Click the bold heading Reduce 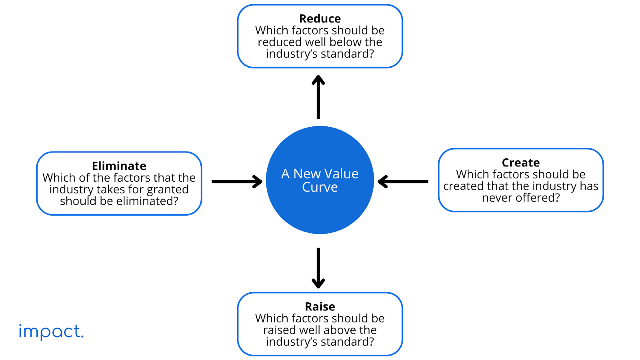(320, 18)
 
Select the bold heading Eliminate (119, 166)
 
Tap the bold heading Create (520, 162)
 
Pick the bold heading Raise (320, 306)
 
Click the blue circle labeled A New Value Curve (320, 180)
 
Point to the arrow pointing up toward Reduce (318, 97)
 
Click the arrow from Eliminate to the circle (237, 182)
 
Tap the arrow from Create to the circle (403, 182)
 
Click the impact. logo (51, 332)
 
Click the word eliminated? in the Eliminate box (147, 201)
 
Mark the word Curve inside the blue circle (320, 187)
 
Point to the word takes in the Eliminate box (111, 190)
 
